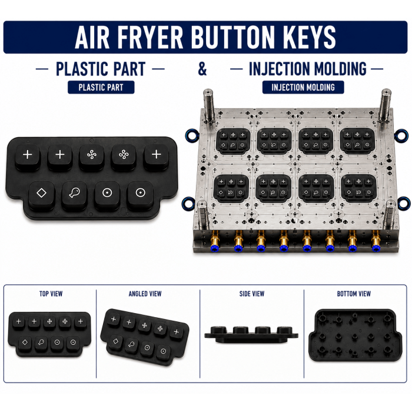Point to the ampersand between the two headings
click(x=202, y=69)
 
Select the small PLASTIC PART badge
click(x=101, y=87)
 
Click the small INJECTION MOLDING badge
click(x=303, y=87)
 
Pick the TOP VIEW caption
click(x=51, y=294)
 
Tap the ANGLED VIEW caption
click(x=145, y=294)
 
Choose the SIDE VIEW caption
click(x=252, y=294)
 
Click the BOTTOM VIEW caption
click(x=354, y=294)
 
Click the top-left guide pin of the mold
click(x=208, y=105)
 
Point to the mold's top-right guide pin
click(x=385, y=105)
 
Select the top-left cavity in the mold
click(x=232, y=141)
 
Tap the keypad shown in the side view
click(x=251, y=335)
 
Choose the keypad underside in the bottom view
click(x=355, y=335)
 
